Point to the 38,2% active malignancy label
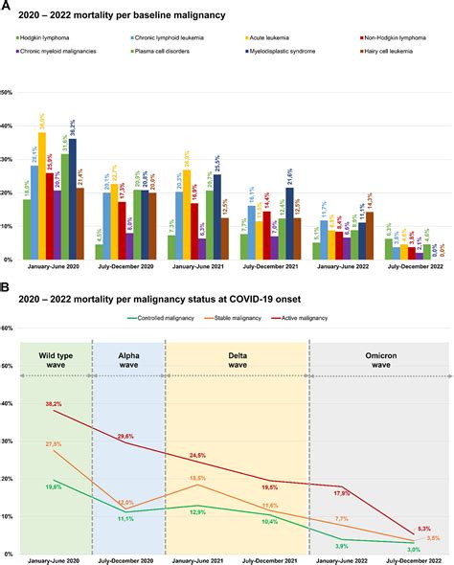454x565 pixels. [54, 405]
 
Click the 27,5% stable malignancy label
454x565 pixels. [54, 444]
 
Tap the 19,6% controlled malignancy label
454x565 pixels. [54, 487]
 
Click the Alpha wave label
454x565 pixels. [127, 361]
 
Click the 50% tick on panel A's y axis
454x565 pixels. [7, 93]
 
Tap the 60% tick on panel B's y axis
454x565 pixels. [7, 328]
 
